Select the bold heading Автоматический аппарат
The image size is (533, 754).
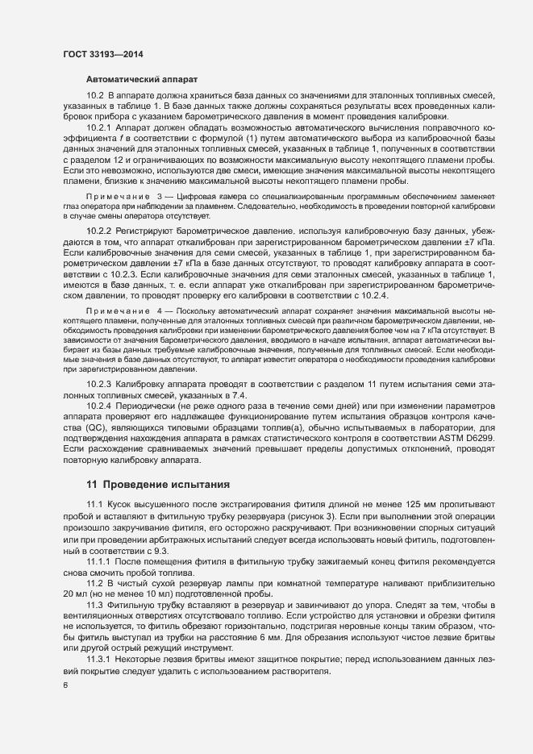point(137,80)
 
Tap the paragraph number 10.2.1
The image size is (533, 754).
point(99,128)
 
